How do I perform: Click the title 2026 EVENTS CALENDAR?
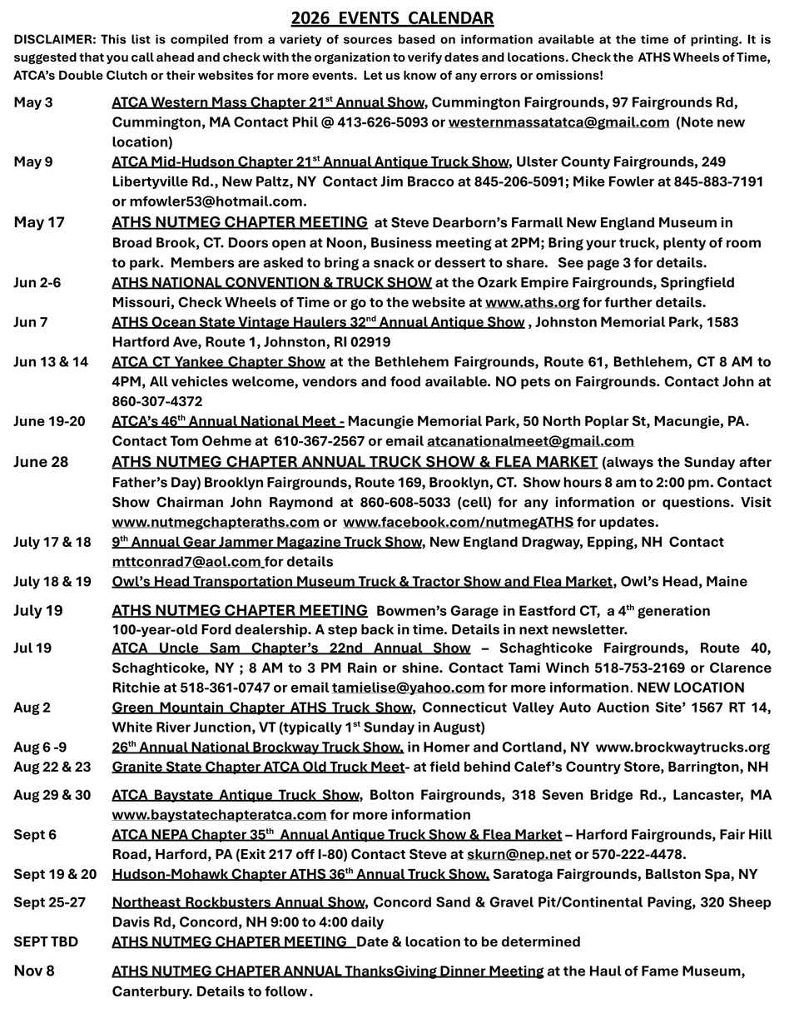[x=392, y=18]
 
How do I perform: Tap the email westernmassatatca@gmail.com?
[x=558, y=122]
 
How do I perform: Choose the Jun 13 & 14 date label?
[x=51, y=362]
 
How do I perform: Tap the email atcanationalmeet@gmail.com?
[x=530, y=441]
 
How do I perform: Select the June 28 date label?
[x=41, y=462]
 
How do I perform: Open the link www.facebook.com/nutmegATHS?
[x=458, y=522]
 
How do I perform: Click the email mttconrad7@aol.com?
[x=186, y=562]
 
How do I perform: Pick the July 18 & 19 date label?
[x=52, y=582]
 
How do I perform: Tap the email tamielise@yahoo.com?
[x=408, y=688]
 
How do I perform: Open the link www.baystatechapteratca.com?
[x=219, y=815]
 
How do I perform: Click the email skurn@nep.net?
[x=519, y=855]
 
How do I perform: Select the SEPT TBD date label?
[x=46, y=942]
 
